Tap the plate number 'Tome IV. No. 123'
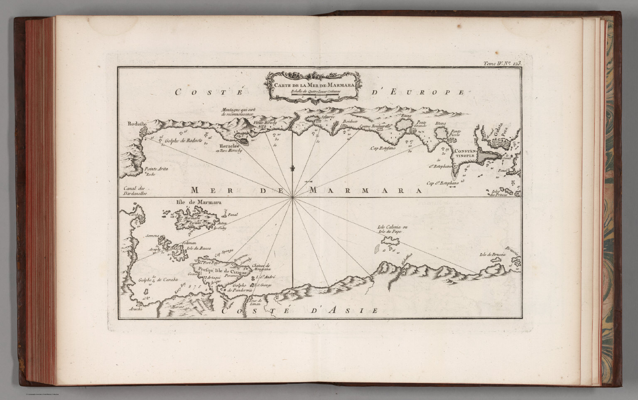click(501, 64)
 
